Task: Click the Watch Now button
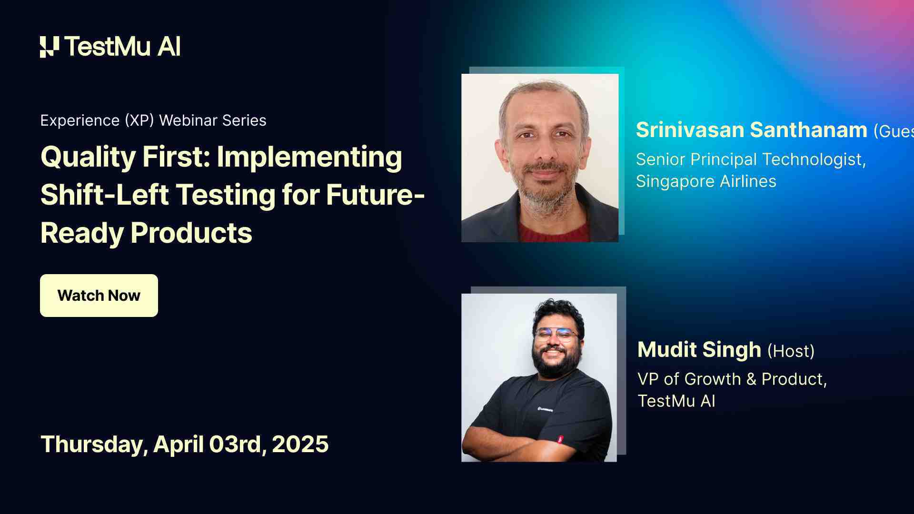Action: (99, 296)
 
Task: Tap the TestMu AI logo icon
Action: (50, 47)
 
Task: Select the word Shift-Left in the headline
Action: (105, 196)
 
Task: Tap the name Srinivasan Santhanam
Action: (751, 130)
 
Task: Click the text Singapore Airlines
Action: (706, 181)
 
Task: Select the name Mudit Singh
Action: (699, 350)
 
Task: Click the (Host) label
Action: (791, 351)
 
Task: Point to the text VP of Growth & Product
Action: (732, 379)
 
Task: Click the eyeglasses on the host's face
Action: (556, 335)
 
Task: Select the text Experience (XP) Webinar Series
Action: (153, 120)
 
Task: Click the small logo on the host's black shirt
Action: (545, 409)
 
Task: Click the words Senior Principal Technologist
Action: (750, 159)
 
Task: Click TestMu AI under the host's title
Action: (676, 401)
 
